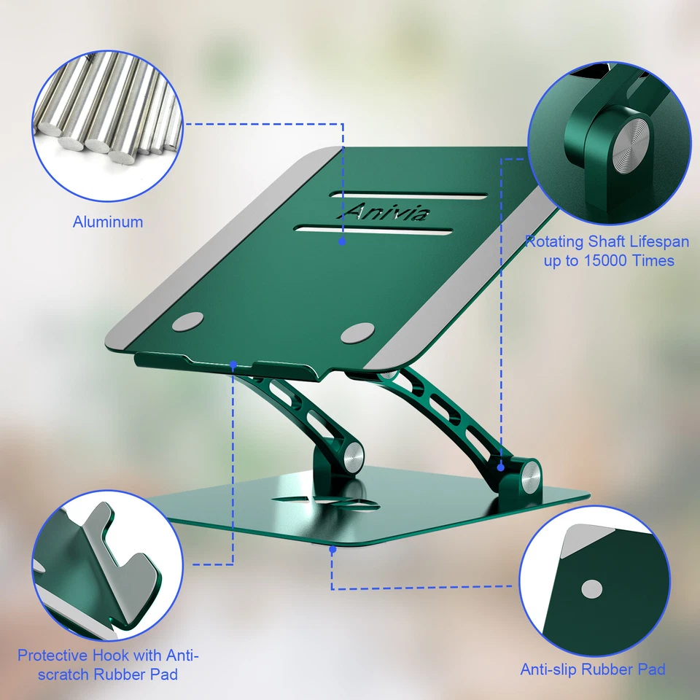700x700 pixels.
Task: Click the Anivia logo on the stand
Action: [386, 212]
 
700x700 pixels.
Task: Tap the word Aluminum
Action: [108, 222]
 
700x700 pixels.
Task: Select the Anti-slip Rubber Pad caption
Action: [592, 669]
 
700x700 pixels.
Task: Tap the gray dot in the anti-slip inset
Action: [591, 588]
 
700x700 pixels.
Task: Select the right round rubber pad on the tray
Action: [357, 332]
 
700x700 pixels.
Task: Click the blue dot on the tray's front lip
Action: [233, 363]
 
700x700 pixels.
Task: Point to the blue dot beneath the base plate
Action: [332, 551]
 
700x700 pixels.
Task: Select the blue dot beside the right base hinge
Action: [502, 467]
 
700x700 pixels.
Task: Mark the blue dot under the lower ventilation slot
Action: [342, 239]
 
